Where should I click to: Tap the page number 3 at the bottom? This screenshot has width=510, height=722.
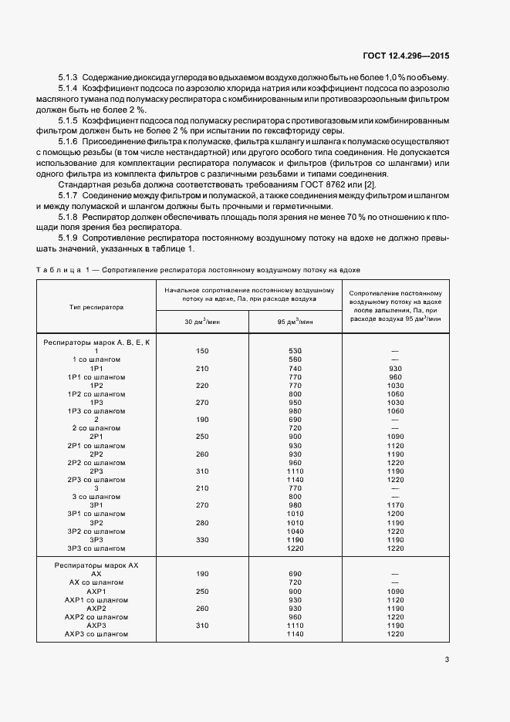448,660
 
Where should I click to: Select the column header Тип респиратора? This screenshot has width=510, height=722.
96,306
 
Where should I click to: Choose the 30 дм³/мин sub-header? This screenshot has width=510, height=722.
202,322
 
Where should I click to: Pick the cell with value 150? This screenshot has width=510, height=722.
202,351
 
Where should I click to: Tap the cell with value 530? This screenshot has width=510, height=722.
294,351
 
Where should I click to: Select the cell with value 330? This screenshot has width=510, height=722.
202,540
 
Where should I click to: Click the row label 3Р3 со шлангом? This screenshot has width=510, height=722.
96,548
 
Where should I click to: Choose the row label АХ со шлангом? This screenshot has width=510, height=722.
96,582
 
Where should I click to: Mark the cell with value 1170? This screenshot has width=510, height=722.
396,505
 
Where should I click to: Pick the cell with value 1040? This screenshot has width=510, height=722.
294,531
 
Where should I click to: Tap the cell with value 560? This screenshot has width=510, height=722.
294,359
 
